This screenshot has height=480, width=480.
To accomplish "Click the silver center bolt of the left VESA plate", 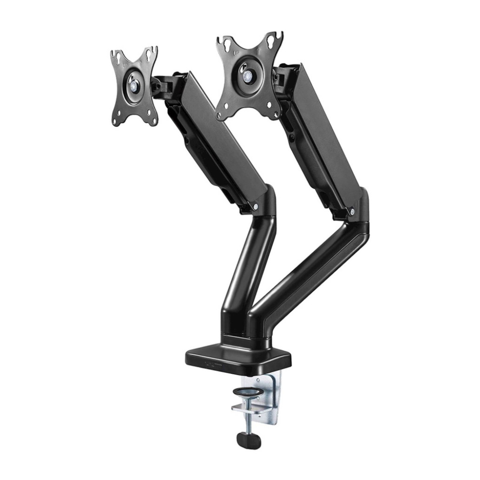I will pos(134,85).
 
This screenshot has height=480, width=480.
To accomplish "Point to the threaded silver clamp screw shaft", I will pos(250,421).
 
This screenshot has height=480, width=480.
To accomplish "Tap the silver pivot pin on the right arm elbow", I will pos(352,212).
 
